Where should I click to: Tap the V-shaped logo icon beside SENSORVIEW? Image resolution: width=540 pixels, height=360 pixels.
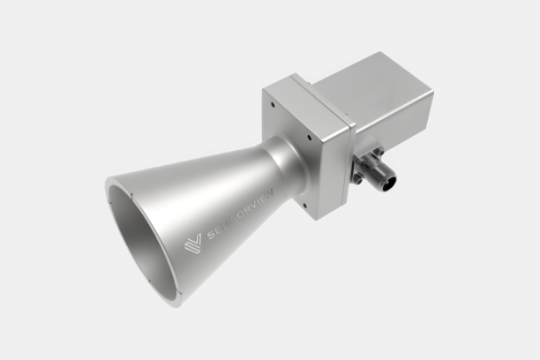192,241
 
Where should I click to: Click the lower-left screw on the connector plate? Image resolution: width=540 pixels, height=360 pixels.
356,179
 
